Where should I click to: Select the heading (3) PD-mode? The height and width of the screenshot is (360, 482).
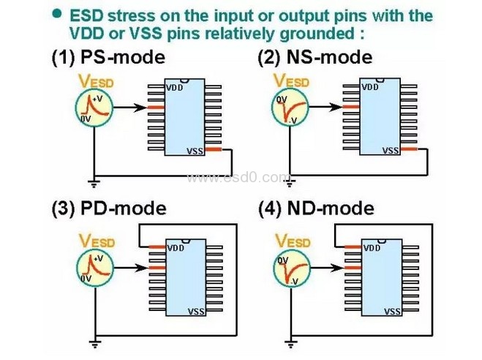tap(108, 209)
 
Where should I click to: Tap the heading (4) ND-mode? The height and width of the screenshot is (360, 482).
tap(316, 209)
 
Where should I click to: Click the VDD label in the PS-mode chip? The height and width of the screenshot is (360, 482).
tap(175, 88)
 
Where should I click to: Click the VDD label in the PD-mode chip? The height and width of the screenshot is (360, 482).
tap(176, 248)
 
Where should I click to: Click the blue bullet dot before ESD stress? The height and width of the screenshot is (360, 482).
tap(57, 15)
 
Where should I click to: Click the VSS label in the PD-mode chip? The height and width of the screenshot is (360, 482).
tap(196, 311)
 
